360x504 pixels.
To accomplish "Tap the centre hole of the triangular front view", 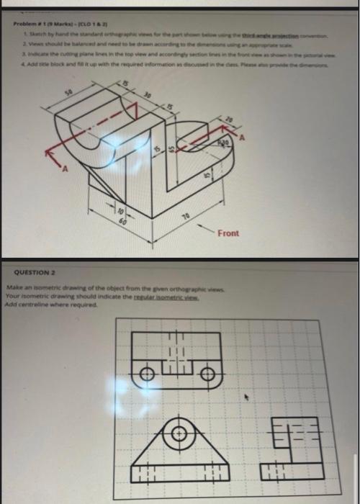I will tap(177, 434).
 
